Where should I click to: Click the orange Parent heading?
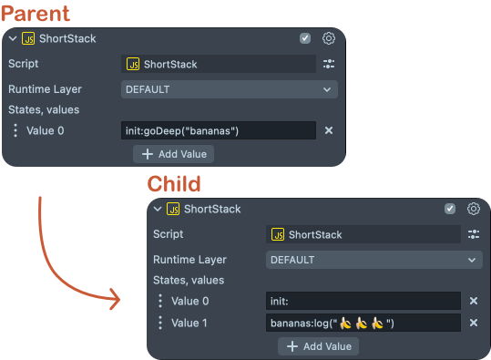37,14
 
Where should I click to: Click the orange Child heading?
174,184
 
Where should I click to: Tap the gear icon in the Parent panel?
329,38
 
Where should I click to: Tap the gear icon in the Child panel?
474,209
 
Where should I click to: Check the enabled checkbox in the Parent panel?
305,38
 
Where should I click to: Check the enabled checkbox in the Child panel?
450,209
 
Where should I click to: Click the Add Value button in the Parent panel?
175,153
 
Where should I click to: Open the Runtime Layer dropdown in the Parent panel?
229,89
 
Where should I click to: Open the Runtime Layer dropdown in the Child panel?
374,260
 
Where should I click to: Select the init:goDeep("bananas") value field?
218,130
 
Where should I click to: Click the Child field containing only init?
363,301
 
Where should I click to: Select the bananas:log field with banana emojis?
363,323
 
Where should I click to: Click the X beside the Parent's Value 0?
329,130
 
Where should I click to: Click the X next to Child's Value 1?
474,323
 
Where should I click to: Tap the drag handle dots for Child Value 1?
160,323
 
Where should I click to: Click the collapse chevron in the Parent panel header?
11,38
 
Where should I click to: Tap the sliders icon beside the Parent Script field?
329,64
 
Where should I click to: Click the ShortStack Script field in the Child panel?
363,234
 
